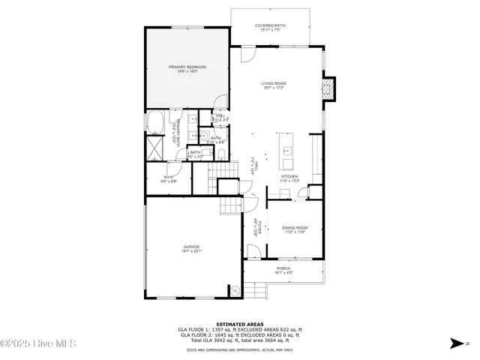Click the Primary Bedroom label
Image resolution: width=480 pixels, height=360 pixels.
point(187,67)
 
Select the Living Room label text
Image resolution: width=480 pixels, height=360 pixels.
point(274,83)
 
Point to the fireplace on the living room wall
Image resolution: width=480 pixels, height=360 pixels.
point(328,88)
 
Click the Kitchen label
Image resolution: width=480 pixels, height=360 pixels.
point(289,176)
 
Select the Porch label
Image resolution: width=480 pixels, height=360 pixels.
point(283,268)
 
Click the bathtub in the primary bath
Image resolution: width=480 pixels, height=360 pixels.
point(156,121)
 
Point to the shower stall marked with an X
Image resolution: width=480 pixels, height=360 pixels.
point(154,146)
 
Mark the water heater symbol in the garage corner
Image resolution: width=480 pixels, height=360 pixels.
point(235,291)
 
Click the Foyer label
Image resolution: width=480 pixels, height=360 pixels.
point(255,227)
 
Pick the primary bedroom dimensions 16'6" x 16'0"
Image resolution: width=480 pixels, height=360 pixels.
point(187,72)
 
